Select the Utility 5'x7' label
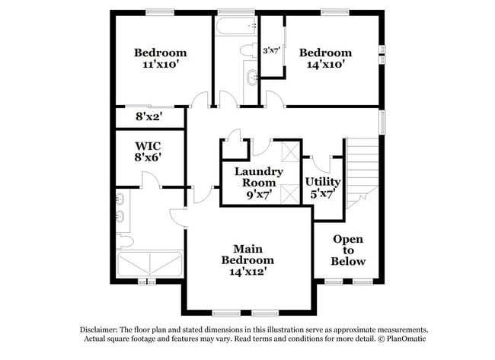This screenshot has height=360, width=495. pyautogui.click(x=322, y=188)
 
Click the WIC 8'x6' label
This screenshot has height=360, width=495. pyautogui.click(x=148, y=151)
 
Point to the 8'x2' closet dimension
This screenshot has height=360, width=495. pyautogui.click(x=148, y=118)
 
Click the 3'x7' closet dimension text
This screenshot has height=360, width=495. pyautogui.click(x=271, y=51)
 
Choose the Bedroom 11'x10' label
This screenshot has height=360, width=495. pyautogui.click(x=160, y=59)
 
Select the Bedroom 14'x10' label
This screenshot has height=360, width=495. pyautogui.click(x=325, y=59)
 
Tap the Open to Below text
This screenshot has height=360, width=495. pyautogui.click(x=348, y=250)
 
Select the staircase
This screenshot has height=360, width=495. pyautogui.click(x=362, y=172)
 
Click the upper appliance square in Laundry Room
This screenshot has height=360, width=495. pyautogui.click(x=289, y=151)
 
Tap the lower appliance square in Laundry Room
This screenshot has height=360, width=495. pyautogui.click(x=289, y=193)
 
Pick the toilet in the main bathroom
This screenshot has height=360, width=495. pyautogui.click(x=126, y=241)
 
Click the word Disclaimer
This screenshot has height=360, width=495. pyautogui.click(x=104, y=330)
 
